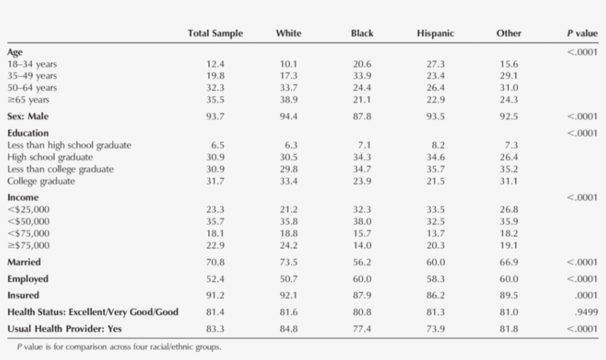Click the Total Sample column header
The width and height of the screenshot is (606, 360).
(215, 33)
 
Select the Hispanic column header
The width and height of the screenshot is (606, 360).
(435, 33)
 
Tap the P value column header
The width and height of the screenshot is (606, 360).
(582, 33)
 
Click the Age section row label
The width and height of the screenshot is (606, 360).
(16, 52)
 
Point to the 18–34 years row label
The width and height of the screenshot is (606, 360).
(32, 64)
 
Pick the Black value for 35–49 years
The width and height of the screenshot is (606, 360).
(362, 76)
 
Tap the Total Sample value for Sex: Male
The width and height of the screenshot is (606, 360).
(215, 117)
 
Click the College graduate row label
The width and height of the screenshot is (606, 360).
(41, 181)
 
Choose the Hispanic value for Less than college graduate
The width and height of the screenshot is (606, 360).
(435, 169)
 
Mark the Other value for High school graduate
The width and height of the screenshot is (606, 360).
(509, 157)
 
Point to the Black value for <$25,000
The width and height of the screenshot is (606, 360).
(362, 209)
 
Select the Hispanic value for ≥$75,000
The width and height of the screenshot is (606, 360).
(435, 245)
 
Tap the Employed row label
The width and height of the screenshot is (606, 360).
(28, 279)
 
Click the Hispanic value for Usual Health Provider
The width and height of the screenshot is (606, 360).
(435, 328)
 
